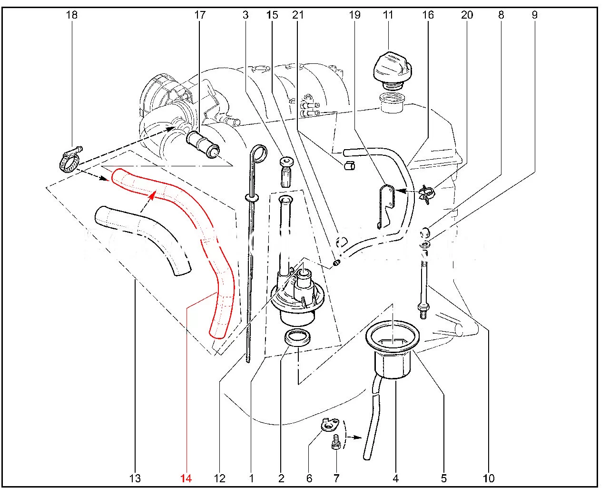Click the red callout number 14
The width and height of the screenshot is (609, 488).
(x=186, y=478)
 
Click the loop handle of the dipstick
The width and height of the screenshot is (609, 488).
(x=258, y=153)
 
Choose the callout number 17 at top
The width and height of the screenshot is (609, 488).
(x=200, y=15)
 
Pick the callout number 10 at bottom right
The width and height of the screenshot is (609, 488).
(x=489, y=478)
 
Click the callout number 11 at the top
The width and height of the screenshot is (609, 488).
(x=388, y=15)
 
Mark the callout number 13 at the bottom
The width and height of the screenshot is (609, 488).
(x=135, y=478)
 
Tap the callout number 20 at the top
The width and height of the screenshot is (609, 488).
(x=467, y=15)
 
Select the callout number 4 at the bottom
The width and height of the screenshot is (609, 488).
(x=395, y=478)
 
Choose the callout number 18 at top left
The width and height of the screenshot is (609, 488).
(x=71, y=15)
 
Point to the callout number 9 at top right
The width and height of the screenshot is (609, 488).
(x=534, y=15)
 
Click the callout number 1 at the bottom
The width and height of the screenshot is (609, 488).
(x=251, y=478)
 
